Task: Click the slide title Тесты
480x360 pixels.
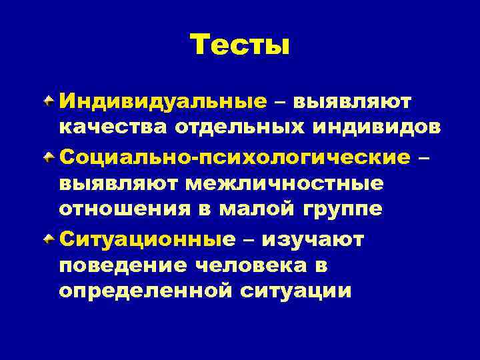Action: tap(240, 46)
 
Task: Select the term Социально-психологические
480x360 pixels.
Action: tap(234, 157)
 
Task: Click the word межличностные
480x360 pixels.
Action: tap(283, 183)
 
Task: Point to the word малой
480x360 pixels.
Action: tap(259, 209)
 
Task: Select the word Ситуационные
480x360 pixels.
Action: tap(147, 239)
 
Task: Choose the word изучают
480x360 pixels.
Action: tap(313, 239)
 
